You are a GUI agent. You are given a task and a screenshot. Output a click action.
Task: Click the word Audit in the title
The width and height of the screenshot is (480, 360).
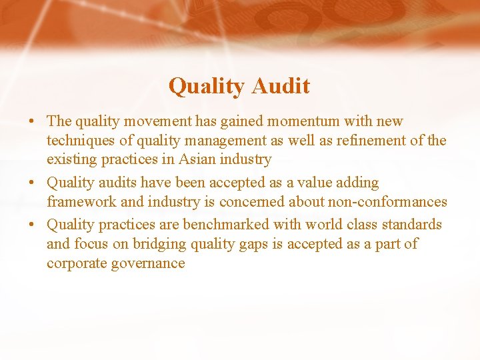(281, 86)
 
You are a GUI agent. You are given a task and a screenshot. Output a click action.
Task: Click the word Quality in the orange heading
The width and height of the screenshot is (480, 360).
(207, 86)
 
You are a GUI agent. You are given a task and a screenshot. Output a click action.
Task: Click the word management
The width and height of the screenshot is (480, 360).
(207, 141)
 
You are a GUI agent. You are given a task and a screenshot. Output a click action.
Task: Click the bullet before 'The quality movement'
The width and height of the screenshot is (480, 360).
(32, 122)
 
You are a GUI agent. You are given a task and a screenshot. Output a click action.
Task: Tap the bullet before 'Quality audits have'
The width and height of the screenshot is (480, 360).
(32, 183)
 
